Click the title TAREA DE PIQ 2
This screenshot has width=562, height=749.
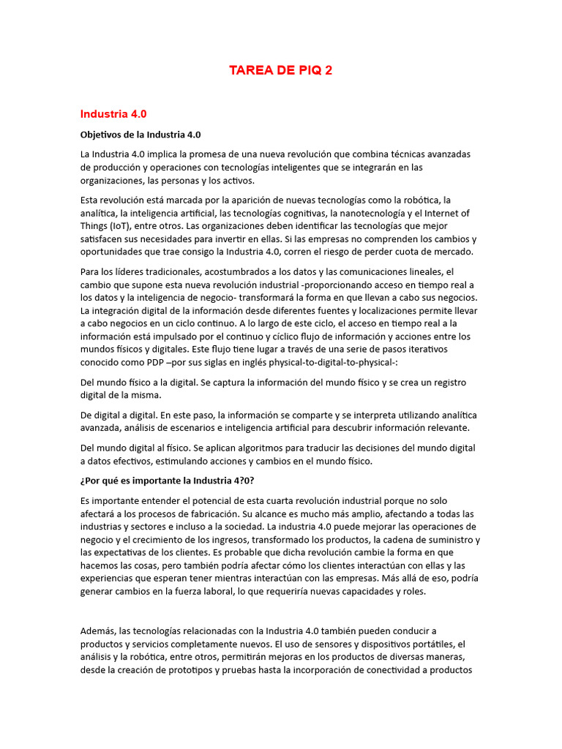[x=280, y=70]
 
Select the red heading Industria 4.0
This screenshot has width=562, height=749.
[x=113, y=114]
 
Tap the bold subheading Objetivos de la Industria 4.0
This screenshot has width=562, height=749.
[x=140, y=135]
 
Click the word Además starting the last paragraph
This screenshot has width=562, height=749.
[x=100, y=631]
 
